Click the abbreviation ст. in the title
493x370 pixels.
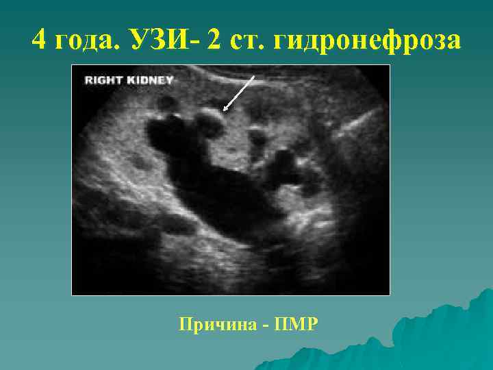pyautogui.click(x=246, y=41)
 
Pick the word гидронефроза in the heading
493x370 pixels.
pyautogui.click(x=367, y=41)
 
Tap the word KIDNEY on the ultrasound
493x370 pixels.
pyautogui.click(x=151, y=80)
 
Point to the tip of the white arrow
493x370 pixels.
pyautogui.click(x=225, y=110)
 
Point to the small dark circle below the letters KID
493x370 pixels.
pyautogui.click(x=165, y=103)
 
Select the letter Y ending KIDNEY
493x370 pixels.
pyautogui.click(x=170, y=80)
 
